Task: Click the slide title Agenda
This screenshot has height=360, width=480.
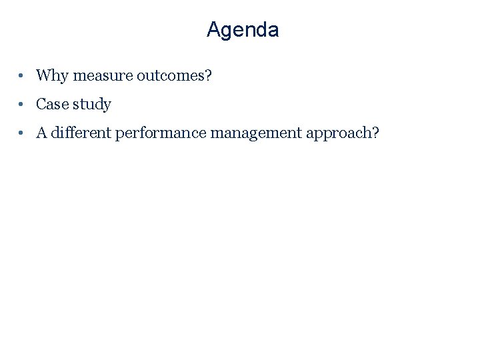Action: (x=243, y=30)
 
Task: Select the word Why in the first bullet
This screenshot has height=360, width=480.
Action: (x=53, y=75)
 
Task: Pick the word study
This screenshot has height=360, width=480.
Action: (x=93, y=105)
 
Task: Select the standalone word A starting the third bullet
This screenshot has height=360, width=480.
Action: (x=41, y=133)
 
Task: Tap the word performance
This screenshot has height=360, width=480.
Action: (x=161, y=133)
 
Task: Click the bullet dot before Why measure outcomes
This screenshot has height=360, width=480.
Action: (x=23, y=76)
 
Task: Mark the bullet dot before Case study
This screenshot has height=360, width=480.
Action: (x=23, y=105)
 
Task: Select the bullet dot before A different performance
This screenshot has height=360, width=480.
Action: (x=23, y=133)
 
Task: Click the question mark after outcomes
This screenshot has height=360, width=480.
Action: (x=208, y=75)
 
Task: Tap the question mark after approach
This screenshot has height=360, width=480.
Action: (x=375, y=133)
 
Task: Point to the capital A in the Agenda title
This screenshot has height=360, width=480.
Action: (x=213, y=30)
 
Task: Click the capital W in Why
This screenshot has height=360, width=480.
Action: (x=44, y=75)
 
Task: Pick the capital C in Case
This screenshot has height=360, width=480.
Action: (x=41, y=104)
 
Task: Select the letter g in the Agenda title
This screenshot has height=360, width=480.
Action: (x=227, y=32)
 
